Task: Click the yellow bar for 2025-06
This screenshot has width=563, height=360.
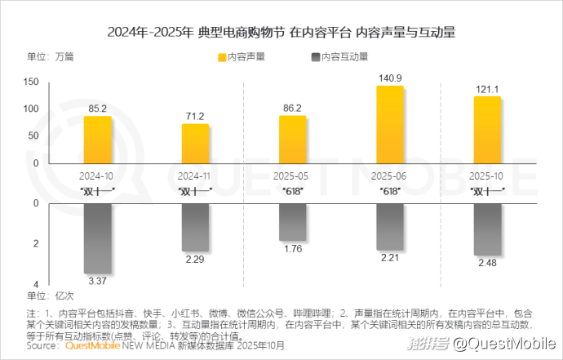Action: tap(390, 124)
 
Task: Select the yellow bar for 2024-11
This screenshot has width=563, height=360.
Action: tap(195, 144)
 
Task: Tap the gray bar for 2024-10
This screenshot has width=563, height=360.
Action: tap(97, 238)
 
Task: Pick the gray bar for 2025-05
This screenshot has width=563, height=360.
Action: tap(292, 222)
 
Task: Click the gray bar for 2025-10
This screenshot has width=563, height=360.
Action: tap(487, 229)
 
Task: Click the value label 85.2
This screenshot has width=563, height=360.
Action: tap(97, 109)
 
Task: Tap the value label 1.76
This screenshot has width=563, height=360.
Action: tap(292, 250)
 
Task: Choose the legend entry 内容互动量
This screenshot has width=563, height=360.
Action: tap(339, 57)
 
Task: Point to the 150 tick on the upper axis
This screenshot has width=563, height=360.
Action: tap(32, 82)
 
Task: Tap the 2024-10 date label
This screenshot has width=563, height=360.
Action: tap(97, 176)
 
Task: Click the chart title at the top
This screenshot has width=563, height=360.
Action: tap(281, 33)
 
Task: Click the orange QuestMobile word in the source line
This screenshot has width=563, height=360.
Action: tap(91, 346)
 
